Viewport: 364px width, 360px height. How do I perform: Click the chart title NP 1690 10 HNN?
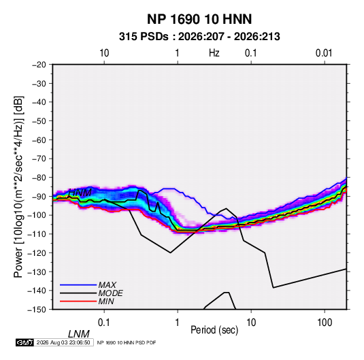click(199, 19)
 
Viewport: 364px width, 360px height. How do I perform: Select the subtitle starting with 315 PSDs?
click(199, 37)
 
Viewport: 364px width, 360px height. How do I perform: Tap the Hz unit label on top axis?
click(214, 53)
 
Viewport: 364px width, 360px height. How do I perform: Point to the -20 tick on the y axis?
click(39, 65)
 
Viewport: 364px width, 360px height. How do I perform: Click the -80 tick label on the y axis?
click(39, 178)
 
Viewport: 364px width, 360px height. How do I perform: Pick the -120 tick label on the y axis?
click(37, 252)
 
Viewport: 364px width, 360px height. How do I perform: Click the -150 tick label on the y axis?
click(37, 310)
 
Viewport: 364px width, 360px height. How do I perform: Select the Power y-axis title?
click(18, 187)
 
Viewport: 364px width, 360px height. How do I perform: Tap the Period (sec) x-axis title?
click(214, 330)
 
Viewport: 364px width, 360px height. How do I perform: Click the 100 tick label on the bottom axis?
click(325, 323)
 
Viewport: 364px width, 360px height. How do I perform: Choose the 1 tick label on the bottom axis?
click(178, 323)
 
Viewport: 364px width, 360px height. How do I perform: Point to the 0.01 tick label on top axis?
click(324, 53)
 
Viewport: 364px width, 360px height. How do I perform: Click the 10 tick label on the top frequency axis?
click(104, 53)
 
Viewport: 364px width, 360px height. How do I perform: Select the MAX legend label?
click(107, 285)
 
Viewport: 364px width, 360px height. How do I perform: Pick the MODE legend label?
click(110, 293)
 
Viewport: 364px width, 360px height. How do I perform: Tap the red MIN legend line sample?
click(78, 301)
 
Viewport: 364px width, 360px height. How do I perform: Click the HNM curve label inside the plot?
click(80, 193)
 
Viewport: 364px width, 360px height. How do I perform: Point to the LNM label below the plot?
click(79, 334)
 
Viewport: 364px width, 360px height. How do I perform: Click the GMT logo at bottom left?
click(24, 342)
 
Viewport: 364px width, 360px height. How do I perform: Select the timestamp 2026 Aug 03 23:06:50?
click(63, 342)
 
